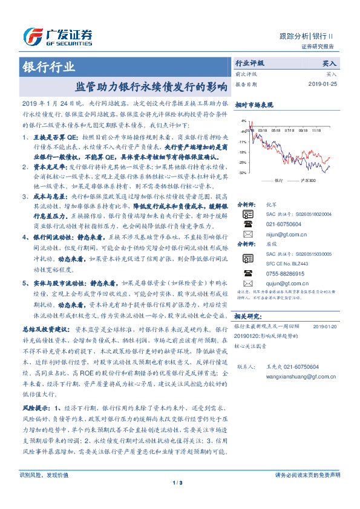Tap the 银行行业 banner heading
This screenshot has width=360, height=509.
click(x=50, y=66)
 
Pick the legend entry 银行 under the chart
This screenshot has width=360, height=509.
click(x=277, y=181)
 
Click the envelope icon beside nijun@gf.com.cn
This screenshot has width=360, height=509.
click(x=247, y=233)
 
